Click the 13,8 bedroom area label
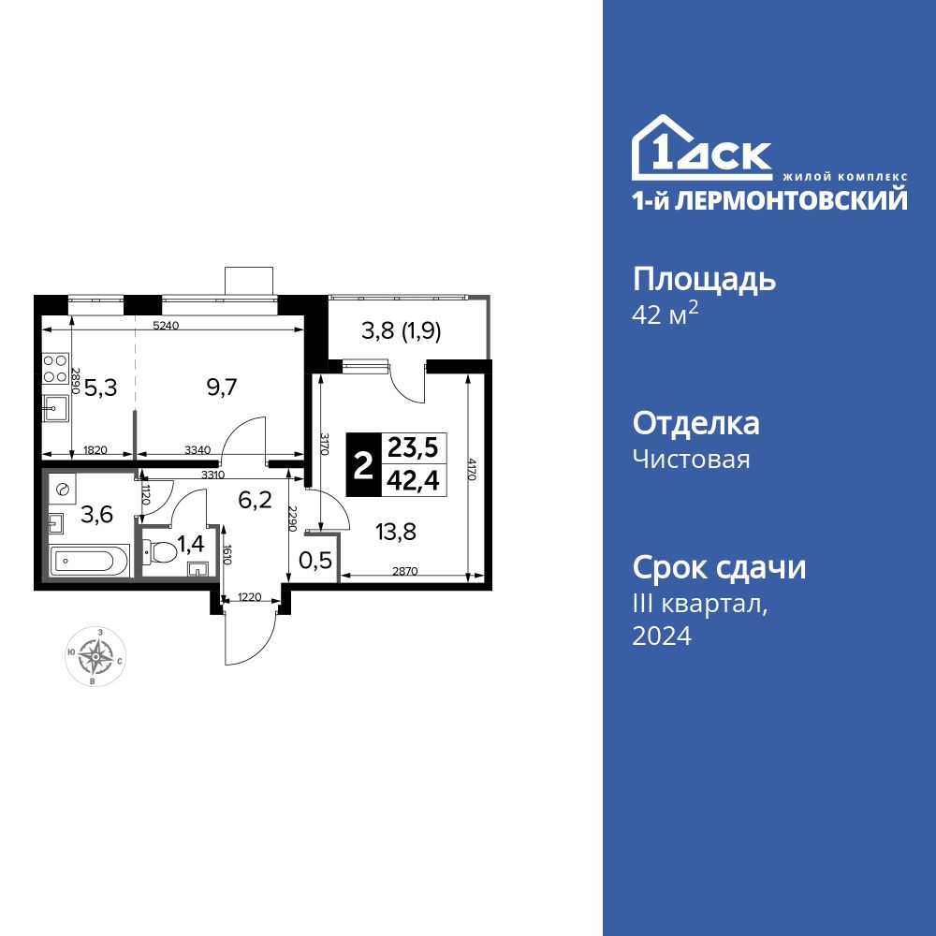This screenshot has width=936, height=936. point(397,532)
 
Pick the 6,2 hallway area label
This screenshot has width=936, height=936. point(254,500)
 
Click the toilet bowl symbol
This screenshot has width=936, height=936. point(160,553)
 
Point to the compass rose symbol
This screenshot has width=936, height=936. point(95,657)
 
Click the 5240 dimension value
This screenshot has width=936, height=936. point(165,326)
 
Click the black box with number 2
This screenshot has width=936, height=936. point(362,464)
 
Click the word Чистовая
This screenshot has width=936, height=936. point(691,459)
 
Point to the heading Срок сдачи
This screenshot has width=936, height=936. point(719,567)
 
